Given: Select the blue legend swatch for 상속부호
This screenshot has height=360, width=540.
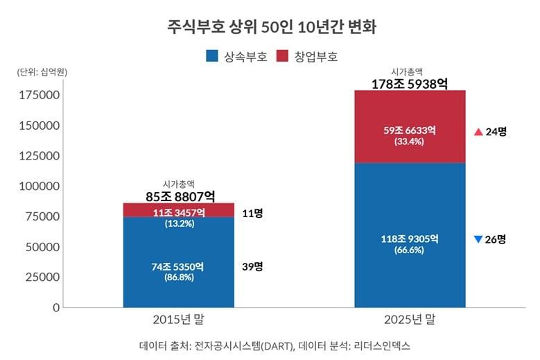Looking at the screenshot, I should tap(212, 56).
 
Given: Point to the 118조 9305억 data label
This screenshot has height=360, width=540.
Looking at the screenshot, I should tap(410, 239).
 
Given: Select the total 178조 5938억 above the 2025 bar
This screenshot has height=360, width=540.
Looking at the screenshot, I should tap(410, 84).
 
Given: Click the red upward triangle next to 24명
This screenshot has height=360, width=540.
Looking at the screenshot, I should tap(478, 131).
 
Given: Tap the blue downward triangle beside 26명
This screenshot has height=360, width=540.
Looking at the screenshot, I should tap(478, 239).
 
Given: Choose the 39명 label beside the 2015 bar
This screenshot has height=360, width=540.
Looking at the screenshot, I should tap(253, 266).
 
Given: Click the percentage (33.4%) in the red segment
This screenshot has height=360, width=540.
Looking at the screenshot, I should tap(410, 142).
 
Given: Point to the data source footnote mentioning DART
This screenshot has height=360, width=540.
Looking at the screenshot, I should tap(269, 345).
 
